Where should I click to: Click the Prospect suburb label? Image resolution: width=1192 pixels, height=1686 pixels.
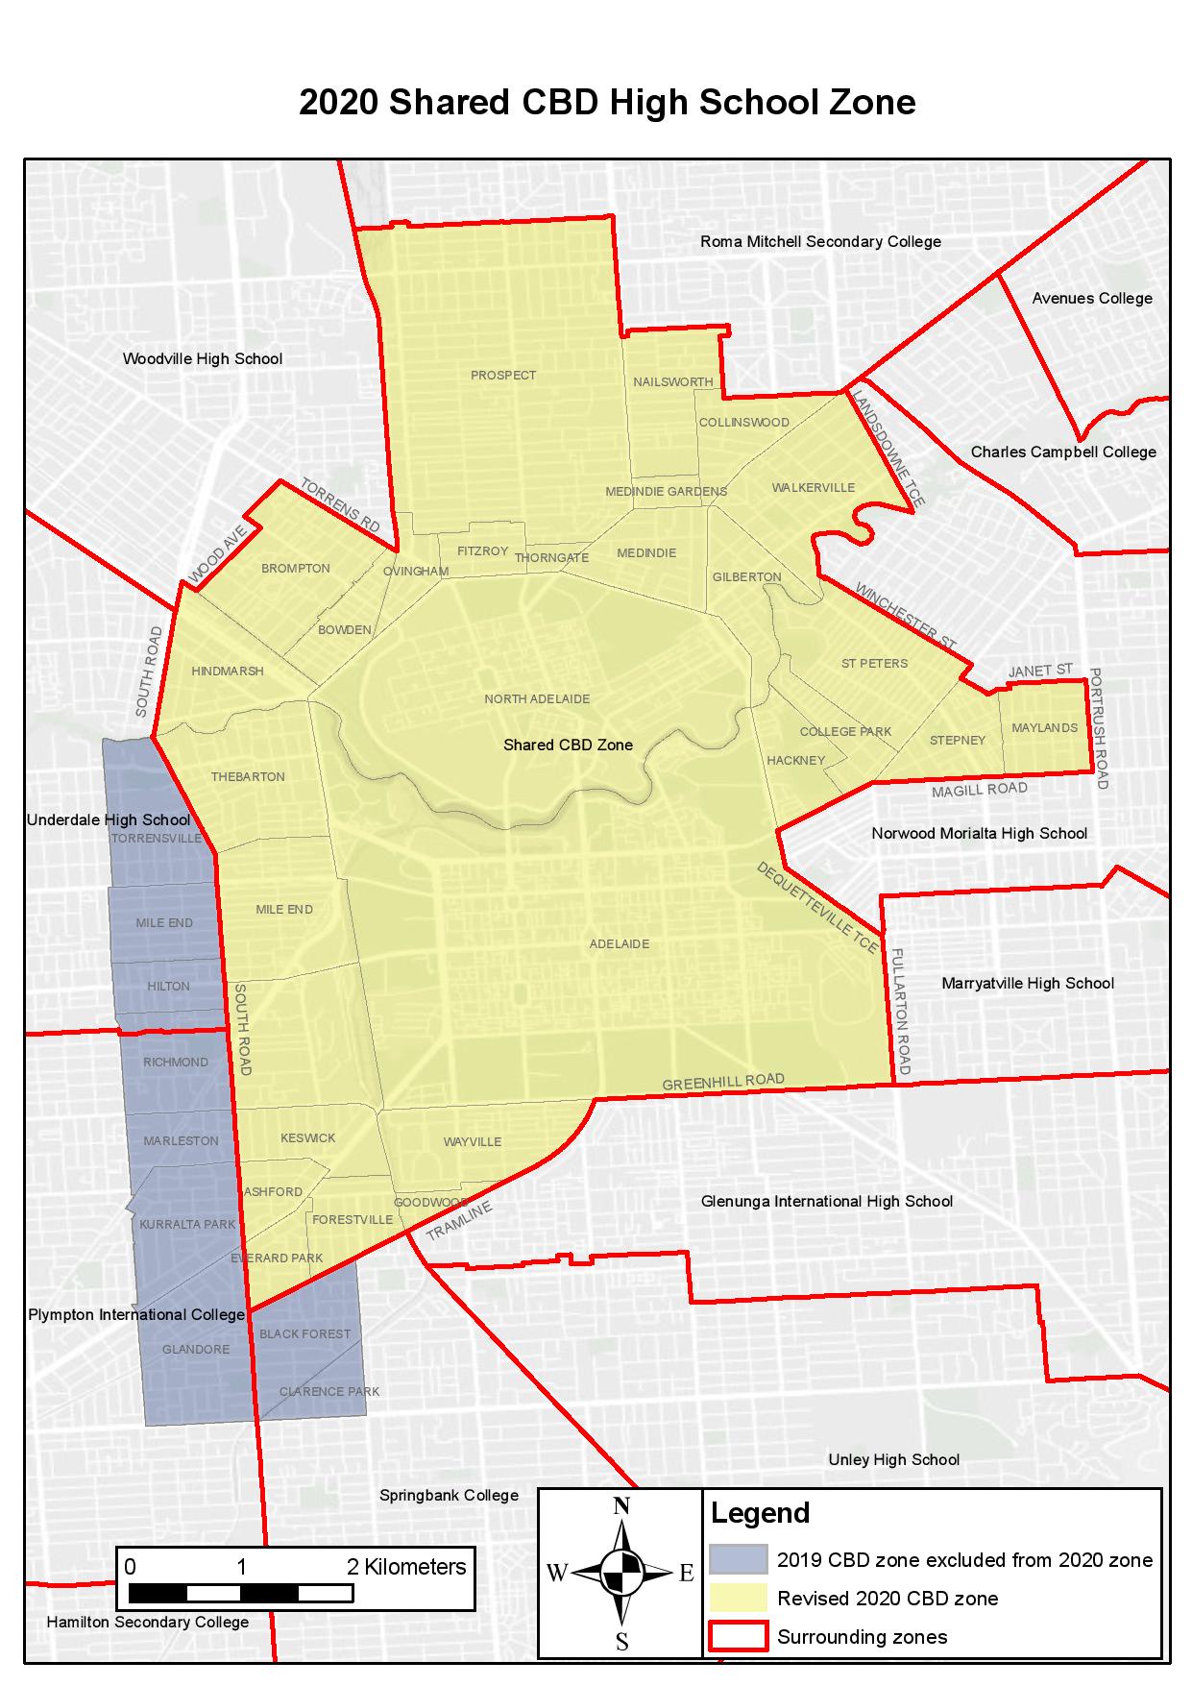pos(503,376)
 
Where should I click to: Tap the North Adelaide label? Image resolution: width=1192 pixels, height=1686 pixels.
pos(537,698)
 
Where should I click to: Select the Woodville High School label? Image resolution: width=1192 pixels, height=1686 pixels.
pos(203,359)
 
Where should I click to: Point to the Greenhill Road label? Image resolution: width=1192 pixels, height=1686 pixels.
pos(723,1082)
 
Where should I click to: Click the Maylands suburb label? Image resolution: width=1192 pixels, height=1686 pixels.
pos(1044,727)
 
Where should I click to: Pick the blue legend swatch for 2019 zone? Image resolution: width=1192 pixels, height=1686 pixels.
pos(738,1559)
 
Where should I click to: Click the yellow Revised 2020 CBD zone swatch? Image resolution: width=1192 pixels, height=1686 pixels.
pos(738,1598)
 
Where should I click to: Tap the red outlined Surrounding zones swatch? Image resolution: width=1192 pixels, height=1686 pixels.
pos(738,1636)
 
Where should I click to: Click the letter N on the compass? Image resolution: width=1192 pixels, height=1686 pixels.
pos(621,1506)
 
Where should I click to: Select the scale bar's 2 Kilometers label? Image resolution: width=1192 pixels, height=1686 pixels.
pos(406,1567)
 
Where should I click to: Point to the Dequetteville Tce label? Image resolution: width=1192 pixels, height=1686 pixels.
pos(817,908)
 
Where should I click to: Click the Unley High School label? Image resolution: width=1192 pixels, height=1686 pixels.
pos(893,1459)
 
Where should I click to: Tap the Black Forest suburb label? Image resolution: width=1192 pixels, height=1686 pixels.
pos(304,1333)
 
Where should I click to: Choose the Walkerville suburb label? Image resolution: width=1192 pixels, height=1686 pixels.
pos(813,487)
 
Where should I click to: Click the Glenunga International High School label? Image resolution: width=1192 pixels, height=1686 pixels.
pos(826,1201)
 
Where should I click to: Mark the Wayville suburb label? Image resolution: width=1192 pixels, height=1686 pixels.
pos(473,1141)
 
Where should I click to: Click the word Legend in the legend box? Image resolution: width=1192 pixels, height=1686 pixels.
pos(760,1513)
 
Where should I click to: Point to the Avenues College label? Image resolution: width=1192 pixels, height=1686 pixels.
pos(1092,298)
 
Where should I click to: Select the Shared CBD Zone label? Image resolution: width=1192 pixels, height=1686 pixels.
pos(568,745)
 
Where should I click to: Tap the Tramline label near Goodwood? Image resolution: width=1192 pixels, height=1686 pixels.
pos(459,1220)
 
